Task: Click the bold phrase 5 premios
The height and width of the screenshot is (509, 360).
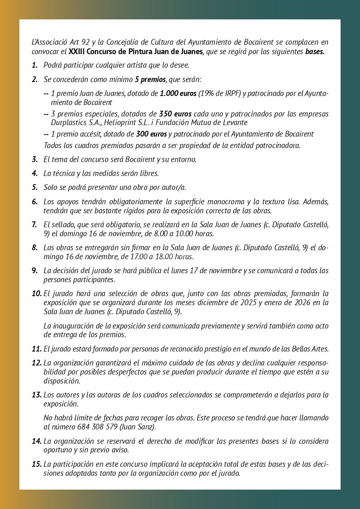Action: pos(150,79)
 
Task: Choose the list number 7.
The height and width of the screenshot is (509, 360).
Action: pos(34,224)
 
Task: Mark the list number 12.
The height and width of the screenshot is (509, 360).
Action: pos(37,363)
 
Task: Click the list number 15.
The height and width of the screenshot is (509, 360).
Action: pos(37,464)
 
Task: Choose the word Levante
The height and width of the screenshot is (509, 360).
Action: pos(235,122)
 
